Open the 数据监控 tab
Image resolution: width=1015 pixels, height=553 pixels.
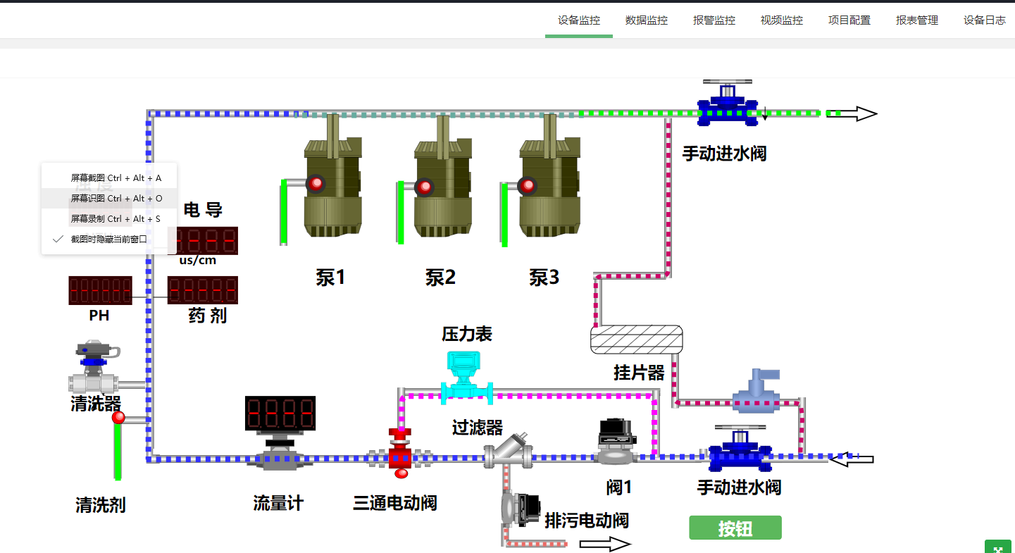(646, 20)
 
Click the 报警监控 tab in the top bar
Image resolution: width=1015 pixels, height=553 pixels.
(714, 20)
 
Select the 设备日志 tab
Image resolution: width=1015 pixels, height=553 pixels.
(984, 20)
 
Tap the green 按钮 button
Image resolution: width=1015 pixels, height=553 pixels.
(735, 528)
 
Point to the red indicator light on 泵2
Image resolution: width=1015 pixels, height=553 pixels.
(424, 187)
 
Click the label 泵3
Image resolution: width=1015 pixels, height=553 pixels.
(544, 278)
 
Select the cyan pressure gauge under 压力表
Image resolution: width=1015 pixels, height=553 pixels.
(466, 378)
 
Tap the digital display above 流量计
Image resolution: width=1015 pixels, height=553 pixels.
(280, 414)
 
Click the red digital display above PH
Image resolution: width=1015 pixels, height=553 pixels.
(100, 290)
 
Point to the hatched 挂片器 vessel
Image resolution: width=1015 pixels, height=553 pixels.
(636, 340)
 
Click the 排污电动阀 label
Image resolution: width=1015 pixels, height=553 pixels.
(586, 521)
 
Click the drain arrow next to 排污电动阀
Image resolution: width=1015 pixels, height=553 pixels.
(604, 544)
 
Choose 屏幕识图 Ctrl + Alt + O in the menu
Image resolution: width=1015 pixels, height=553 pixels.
(116, 199)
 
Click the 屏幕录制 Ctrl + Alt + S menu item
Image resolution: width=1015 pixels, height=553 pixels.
(116, 219)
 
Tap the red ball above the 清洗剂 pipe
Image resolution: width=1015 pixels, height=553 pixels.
(118, 418)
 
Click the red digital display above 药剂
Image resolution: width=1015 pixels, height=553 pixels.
(202, 290)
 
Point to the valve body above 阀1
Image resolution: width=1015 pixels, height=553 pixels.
(616, 441)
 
